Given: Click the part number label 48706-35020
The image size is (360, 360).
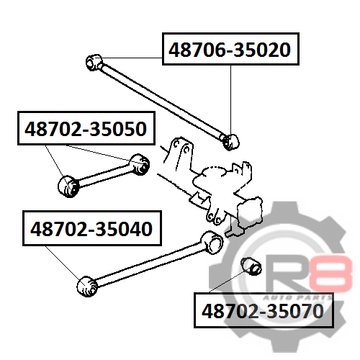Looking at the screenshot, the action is click(x=230, y=49).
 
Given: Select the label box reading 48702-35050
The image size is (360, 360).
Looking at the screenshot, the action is click(x=86, y=128).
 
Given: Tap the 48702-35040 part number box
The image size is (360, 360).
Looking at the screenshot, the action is click(x=92, y=228).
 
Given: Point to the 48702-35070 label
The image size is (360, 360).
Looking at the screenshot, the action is click(x=264, y=310).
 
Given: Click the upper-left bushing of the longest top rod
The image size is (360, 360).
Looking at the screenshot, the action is click(x=94, y=63).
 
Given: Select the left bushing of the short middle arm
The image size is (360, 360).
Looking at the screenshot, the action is click(x=68, y=186).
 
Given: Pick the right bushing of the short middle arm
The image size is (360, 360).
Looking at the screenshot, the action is click(x=140, y=164).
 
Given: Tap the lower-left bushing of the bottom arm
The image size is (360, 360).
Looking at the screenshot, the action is click(x=87, y=287).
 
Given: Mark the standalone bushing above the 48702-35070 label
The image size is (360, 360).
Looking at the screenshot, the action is click(x=251, y=266).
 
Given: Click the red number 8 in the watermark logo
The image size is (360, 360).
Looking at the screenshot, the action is click(x=330, y=274).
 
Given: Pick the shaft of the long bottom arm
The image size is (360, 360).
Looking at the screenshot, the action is click(x=149, y=264).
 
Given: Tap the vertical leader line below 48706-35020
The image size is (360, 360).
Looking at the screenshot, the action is click(x=231, y=100).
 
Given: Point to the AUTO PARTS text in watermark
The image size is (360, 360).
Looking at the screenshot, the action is click(x=297, y=298).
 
